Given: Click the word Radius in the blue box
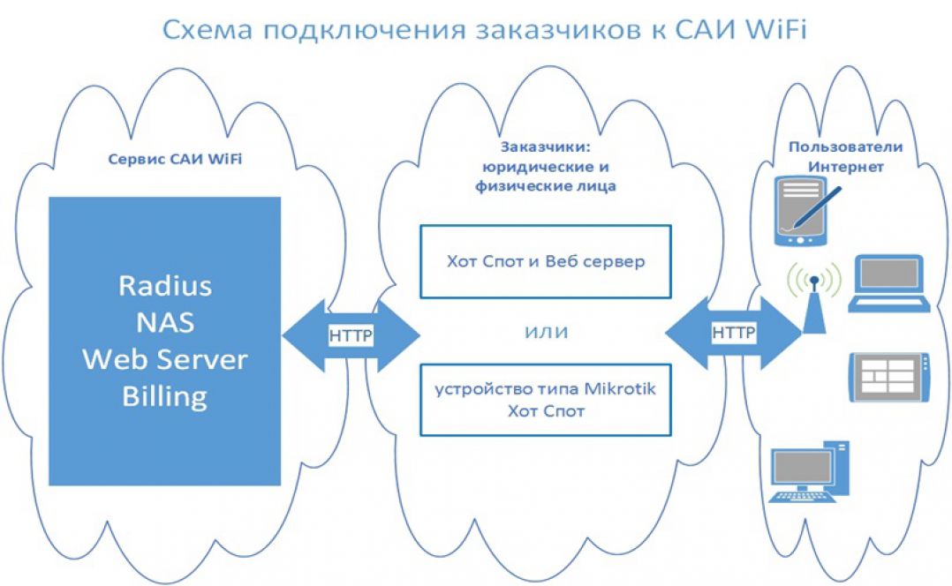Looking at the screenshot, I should (165, 286).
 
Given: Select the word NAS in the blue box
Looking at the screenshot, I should (165, 322).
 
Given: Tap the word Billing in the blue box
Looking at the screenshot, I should (165, 395).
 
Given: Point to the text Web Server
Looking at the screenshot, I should (165, 359).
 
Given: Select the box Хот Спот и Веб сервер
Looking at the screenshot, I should (545, 261).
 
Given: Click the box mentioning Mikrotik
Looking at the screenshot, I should (545, 400).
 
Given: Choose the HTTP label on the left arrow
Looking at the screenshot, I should (351, 334).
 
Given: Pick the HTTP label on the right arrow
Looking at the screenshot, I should (734, 333).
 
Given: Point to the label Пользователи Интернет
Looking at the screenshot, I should (836, 156).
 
